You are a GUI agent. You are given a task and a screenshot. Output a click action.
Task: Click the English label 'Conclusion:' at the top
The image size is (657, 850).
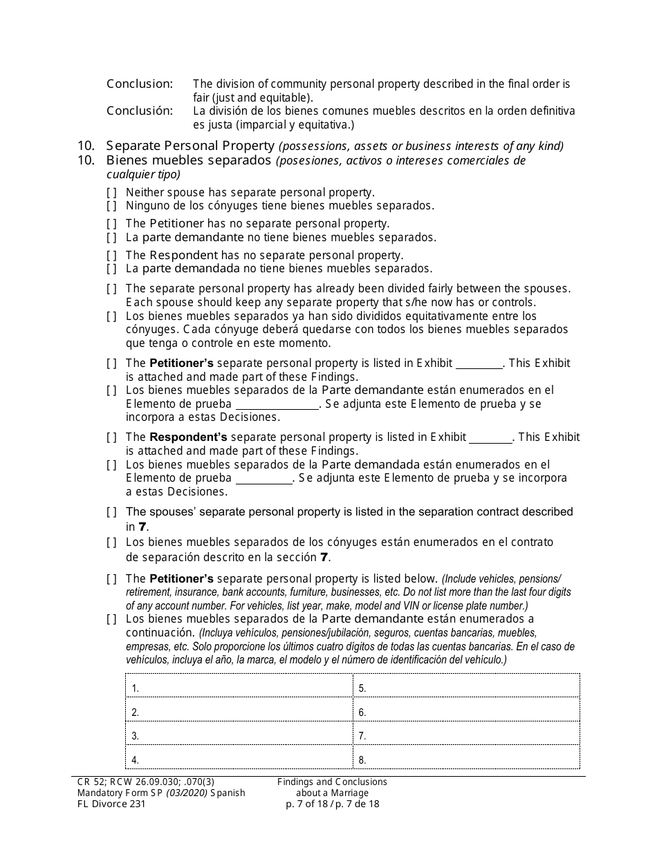(140, 84)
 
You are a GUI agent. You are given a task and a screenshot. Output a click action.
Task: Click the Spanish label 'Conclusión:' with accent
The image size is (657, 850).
(140, 111)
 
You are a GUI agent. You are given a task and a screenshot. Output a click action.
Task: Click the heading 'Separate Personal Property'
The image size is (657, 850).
(190, 146)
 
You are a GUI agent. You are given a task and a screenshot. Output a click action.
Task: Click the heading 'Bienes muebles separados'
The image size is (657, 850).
(188, 160)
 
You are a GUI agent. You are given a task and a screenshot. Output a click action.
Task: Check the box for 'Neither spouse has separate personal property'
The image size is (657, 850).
(111, 193)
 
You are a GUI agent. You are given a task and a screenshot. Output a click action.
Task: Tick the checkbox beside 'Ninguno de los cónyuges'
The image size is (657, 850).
(111, 206)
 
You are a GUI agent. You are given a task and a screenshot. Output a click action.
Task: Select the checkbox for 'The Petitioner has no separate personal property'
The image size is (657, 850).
(111, 224)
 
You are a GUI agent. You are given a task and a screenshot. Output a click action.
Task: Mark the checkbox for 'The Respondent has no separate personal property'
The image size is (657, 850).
(111, 256)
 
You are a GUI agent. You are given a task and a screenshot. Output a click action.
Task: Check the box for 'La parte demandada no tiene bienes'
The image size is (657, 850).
(111, 269)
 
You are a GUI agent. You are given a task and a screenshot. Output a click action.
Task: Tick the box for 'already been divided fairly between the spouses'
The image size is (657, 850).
(111, 289)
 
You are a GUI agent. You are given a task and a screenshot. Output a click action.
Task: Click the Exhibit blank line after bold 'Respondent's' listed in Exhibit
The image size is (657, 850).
(490, 438)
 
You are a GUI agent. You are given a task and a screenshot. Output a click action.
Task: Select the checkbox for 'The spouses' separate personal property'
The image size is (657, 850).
(111, 513)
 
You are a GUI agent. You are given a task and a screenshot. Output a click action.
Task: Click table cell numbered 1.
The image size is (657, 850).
(239, 686)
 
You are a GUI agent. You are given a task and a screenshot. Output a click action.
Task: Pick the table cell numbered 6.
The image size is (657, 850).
(466, 710)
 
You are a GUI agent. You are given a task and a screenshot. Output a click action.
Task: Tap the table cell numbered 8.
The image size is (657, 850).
(466, 758)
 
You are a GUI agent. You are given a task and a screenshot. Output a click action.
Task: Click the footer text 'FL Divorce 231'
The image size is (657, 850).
(111, 804)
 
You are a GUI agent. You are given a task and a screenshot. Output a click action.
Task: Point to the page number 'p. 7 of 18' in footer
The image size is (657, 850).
(308, 804)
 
